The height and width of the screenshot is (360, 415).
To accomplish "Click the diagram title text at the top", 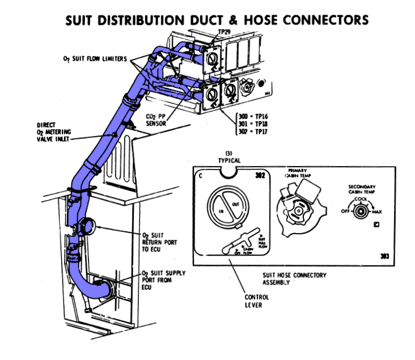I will pos(217,20).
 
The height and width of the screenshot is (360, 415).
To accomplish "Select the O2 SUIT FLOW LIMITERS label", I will pos(95,59).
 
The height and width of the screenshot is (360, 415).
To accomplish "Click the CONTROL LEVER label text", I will pos(252,301).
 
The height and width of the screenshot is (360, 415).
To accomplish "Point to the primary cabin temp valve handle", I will pos(295,207).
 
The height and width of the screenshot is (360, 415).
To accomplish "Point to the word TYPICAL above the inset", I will pos(229,160).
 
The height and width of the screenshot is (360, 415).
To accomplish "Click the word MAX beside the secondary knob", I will pos(377,212).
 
